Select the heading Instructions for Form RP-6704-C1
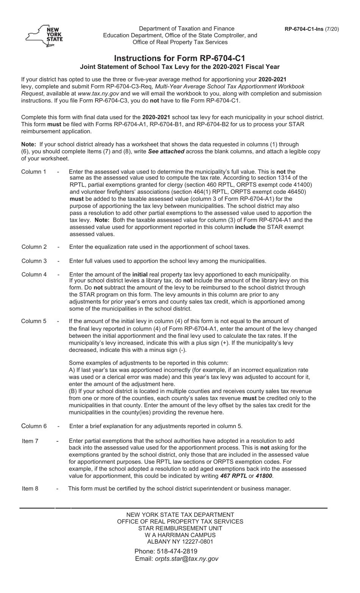180,58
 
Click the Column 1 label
33,172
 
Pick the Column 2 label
34,247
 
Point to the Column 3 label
34,261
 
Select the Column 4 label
34,275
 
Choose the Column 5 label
34,321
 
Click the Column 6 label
34,426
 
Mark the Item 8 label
30,488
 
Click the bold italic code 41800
264,476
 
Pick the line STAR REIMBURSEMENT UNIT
180,528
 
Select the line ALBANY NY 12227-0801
180,541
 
